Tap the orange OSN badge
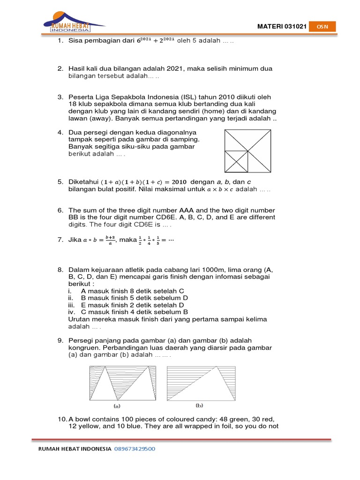323,27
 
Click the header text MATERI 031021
282,27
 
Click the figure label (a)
117,406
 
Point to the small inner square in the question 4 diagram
236,161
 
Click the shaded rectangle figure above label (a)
123,383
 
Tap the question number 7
60,240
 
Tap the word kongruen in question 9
83,348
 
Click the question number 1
60,41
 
